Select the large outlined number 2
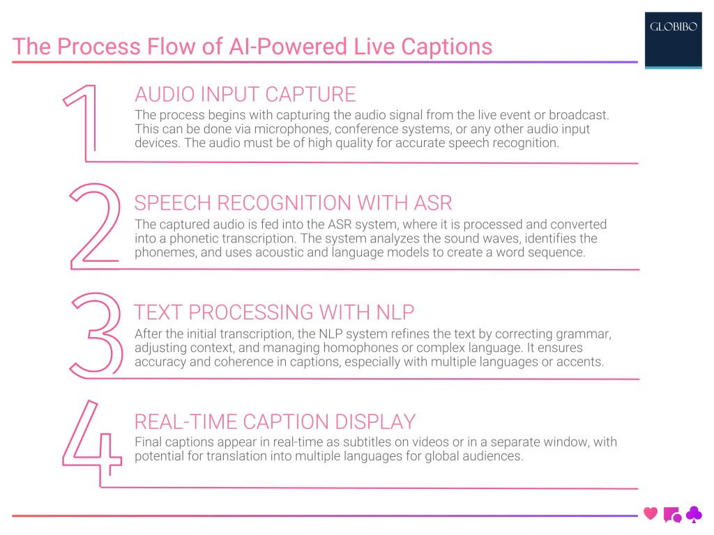[x=93, y=226]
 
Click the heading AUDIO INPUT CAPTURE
[x=245, y=94]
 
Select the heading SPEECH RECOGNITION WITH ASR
[x=293, y=203]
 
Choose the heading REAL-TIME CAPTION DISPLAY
[x=275, y=421]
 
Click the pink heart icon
[x=651, y=514]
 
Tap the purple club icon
[x=694, y=514]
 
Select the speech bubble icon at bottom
[x=672, y=515]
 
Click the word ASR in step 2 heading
[x=432, y=203]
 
